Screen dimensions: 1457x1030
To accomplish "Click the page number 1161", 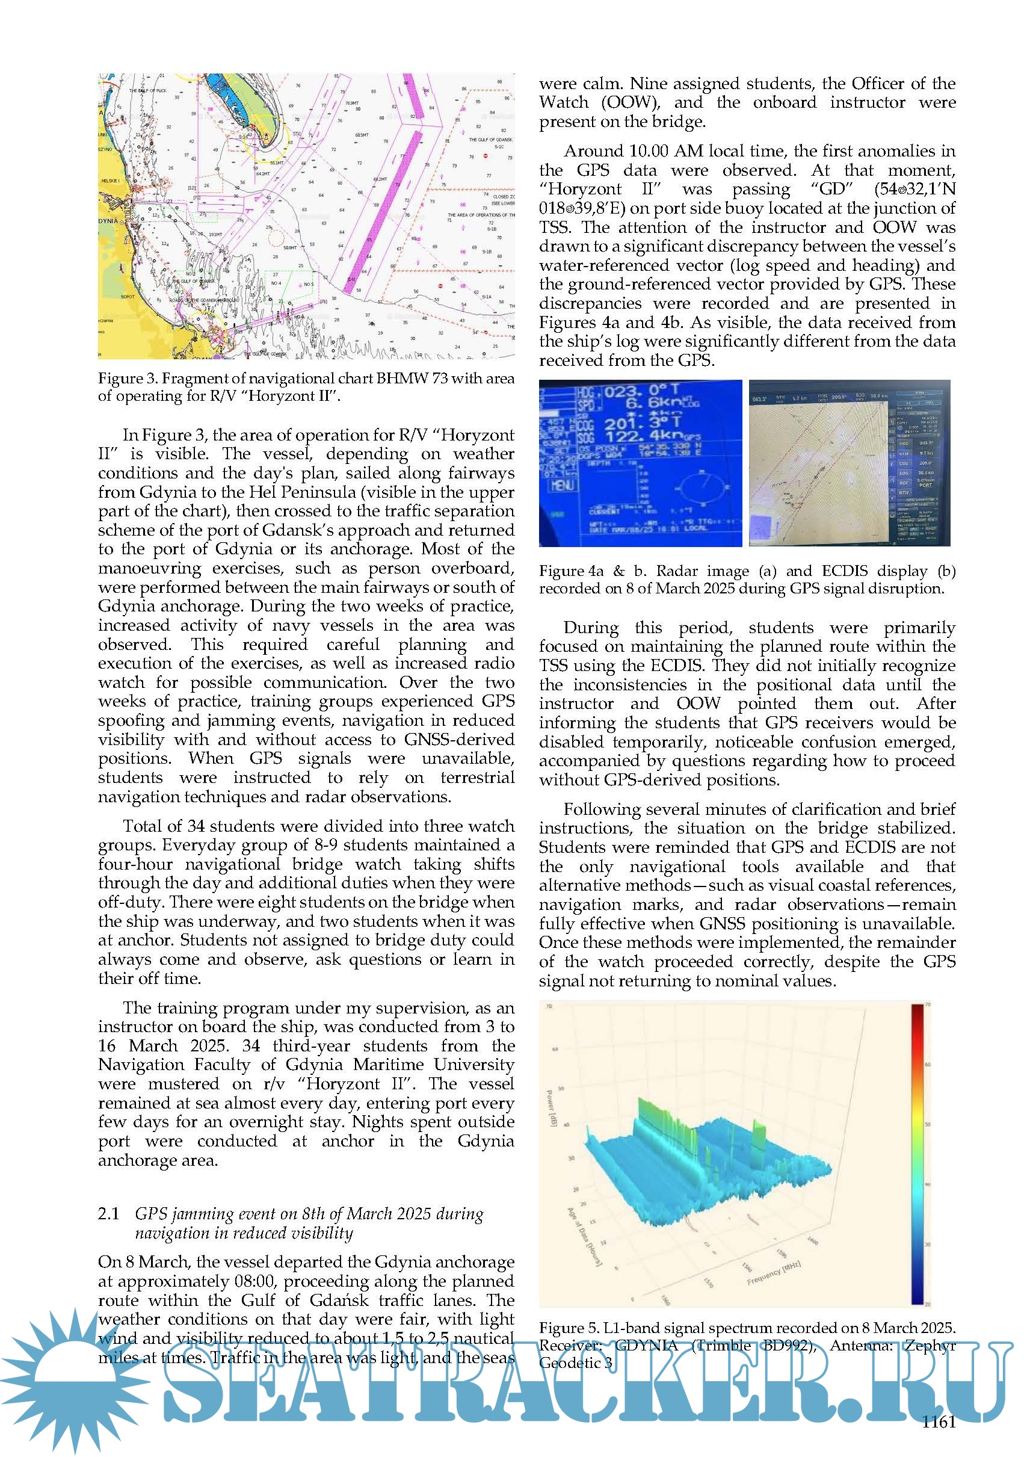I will coord(938,1422).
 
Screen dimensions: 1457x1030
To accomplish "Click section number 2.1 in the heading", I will coord(108,1213).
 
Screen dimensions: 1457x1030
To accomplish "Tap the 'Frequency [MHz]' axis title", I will coord(774,1273).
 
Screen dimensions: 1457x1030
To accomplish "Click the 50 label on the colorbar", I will coord(928,1124).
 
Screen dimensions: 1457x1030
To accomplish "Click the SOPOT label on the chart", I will coord(128,296).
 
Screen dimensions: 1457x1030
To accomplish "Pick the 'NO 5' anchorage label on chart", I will coord(308,284).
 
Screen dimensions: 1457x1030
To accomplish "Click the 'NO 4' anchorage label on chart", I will coord(277,283).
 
